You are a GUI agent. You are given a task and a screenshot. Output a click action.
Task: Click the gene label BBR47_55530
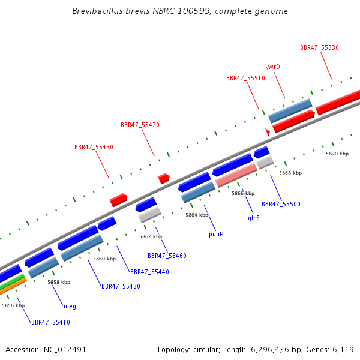click(x=319, y=47)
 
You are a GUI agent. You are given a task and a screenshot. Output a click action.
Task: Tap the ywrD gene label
click(x=273, y=67)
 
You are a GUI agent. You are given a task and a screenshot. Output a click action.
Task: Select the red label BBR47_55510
click(x=245, y=78)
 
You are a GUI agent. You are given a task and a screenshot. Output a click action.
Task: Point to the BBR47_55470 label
click(x=140, y=125)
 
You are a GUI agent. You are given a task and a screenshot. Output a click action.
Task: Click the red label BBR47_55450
click(x=94, y=147)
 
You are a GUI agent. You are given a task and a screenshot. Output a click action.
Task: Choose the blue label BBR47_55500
click(x=281, y=204)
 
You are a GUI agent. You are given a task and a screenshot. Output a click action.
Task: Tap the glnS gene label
click(x=254, y=218)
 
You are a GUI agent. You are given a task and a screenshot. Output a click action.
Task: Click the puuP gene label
click(x=216, y=234)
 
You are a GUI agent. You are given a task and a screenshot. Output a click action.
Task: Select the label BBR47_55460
click(x=167, y=256)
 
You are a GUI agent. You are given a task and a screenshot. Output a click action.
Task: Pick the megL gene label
click(x=71, y=306)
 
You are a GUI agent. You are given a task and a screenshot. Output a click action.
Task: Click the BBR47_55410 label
click(x=50, y=322)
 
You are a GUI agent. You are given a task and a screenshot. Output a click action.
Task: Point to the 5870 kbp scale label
click(x=337, y=154)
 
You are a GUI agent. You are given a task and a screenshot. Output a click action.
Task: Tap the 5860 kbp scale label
click(x=104, y=259)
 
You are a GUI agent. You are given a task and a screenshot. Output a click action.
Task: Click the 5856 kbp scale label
click(x=13, y=305)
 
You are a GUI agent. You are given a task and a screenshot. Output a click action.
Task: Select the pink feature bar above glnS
click(x=236, y=175)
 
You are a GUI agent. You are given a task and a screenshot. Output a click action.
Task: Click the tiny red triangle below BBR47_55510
click(x=268, y=132)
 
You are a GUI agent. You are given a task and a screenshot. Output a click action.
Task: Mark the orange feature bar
click(x=13, y=286)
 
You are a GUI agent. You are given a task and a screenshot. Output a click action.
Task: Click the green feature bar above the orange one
click(x=11, y=281)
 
